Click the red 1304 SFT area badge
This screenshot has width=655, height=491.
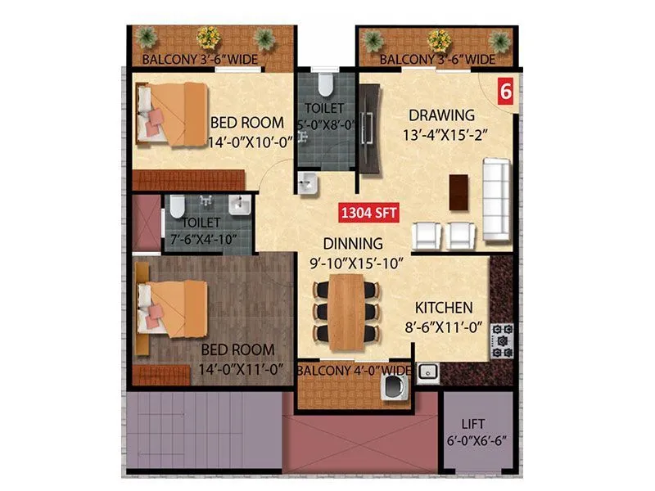[x=368, y=214]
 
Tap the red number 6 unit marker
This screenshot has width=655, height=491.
[x=505, y=92]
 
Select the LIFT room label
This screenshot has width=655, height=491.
[x=472, y=424]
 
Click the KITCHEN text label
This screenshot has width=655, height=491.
[x=444, y=309]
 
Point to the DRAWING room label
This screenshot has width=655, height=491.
[x=442, y=115]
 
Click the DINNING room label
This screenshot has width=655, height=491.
[x=352, y=243]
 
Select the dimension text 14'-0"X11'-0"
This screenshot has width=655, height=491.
[x=241, y=369]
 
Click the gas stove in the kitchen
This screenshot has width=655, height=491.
[x=501, y=340]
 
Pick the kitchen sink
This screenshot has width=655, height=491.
[x=427, y=373]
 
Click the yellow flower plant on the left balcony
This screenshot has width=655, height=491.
[x=208, y=38]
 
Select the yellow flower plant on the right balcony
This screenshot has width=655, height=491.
[x=439, y=39]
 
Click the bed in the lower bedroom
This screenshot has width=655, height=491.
[x=172, y=308]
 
